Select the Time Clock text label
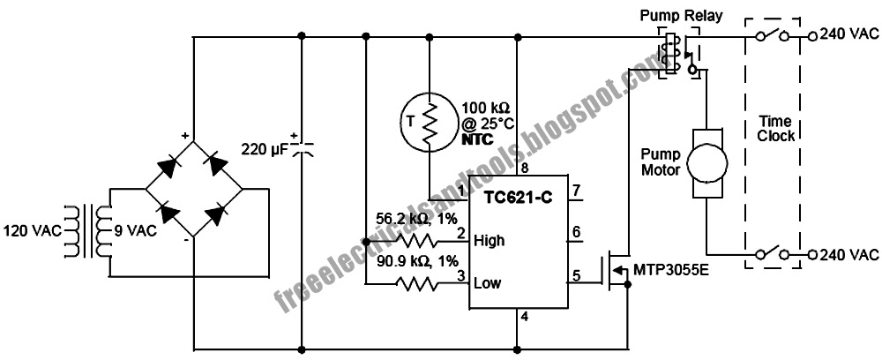tap(776, 127)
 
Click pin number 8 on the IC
tap(524, 168)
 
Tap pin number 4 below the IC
tap(524, 319)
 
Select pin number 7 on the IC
tap(576, 191)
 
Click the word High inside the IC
tap(490, 239)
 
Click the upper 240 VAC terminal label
tap(848, 36)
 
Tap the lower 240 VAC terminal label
tap(848, 255)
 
